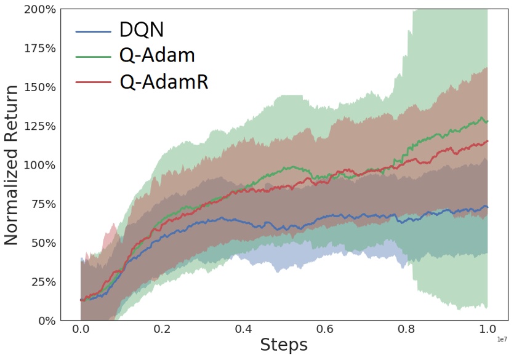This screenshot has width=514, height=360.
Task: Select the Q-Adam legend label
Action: [x=158, y=55]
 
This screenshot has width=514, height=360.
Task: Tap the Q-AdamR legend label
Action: [x=164, y=82]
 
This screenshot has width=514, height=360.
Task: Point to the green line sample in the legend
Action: [x=94, y=56]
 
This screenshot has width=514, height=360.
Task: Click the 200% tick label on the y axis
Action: [x=39, y=9]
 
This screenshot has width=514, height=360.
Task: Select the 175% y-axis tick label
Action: [x=39, y=48]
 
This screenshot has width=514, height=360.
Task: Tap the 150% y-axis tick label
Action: [x=39, y=87]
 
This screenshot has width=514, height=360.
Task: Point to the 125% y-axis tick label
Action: [x=39, y=126]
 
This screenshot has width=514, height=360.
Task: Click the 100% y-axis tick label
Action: [x=39, y=165]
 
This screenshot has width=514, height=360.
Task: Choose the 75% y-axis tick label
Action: [x=42, y=204]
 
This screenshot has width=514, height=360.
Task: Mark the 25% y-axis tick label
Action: [x=42, y=282]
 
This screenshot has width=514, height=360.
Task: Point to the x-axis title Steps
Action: [x=283, y=345]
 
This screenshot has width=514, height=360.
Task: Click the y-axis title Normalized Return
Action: [x=12, y=165]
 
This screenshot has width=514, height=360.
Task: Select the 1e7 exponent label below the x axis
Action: [x=501, y=339]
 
